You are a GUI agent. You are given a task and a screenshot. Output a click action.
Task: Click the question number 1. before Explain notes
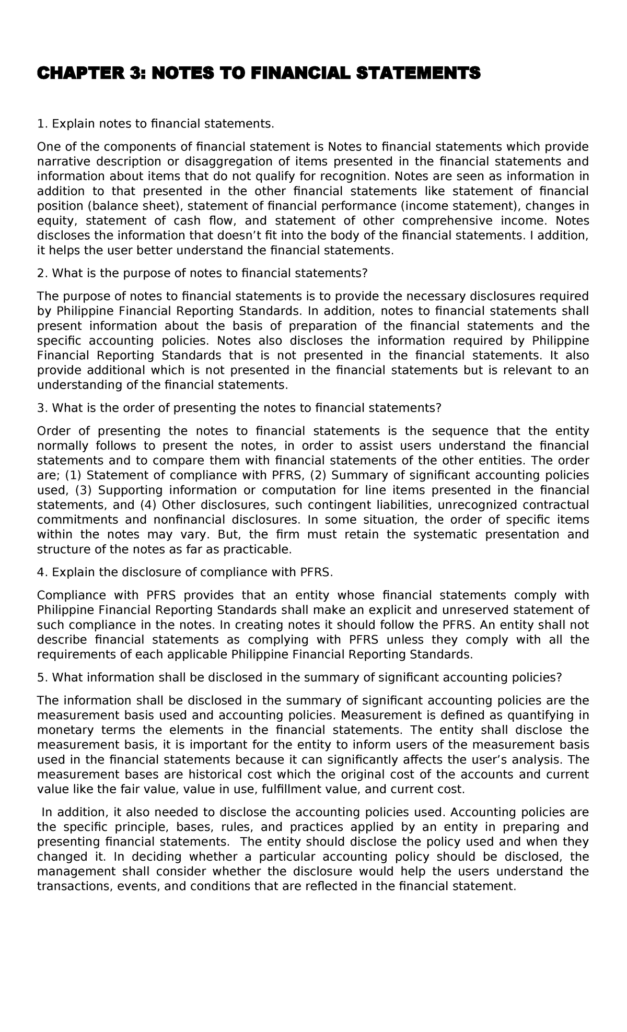pyautogui.click(x=42, y=124)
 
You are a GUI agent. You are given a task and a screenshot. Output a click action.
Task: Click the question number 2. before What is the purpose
pyautogui.click(x=42, y=273)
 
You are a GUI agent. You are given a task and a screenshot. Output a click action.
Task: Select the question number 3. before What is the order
pyautogui.click(x=42, y=408)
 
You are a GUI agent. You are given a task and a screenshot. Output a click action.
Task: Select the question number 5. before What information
pyautogui.click(x=42, y=677)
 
